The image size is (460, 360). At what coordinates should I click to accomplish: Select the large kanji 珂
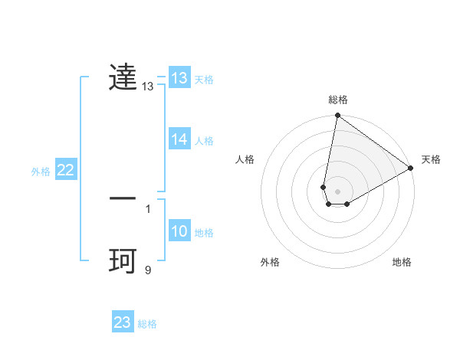click(123, 260)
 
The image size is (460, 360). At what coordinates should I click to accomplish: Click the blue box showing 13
click(179, 78)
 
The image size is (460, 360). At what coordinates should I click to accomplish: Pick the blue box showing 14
click(179, 139)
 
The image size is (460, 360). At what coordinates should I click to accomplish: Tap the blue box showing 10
click(179, 231)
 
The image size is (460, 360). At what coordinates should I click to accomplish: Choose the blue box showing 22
click(65, 170)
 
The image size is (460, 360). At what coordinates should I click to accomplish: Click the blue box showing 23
click(122, 322)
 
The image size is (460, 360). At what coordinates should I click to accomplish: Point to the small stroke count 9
click(148, 270)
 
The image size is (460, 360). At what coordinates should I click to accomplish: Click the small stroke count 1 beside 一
click(148, 208)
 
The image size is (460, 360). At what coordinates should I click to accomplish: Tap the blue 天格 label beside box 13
click(204, 80)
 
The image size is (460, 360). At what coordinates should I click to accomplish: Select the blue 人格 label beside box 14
click(204, 141)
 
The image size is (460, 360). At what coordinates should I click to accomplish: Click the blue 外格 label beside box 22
click(41, 172)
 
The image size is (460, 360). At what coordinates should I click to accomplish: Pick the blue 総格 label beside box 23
click(147, 324)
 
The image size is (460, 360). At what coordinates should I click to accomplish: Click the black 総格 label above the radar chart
click(338, 100)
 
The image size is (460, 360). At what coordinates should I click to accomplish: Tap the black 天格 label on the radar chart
click(431, 159)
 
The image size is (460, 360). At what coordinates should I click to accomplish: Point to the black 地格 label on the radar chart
click(402, 262)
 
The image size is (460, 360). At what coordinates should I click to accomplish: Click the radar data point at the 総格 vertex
click(337, 116)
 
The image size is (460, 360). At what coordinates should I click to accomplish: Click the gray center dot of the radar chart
click(337, 191)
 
